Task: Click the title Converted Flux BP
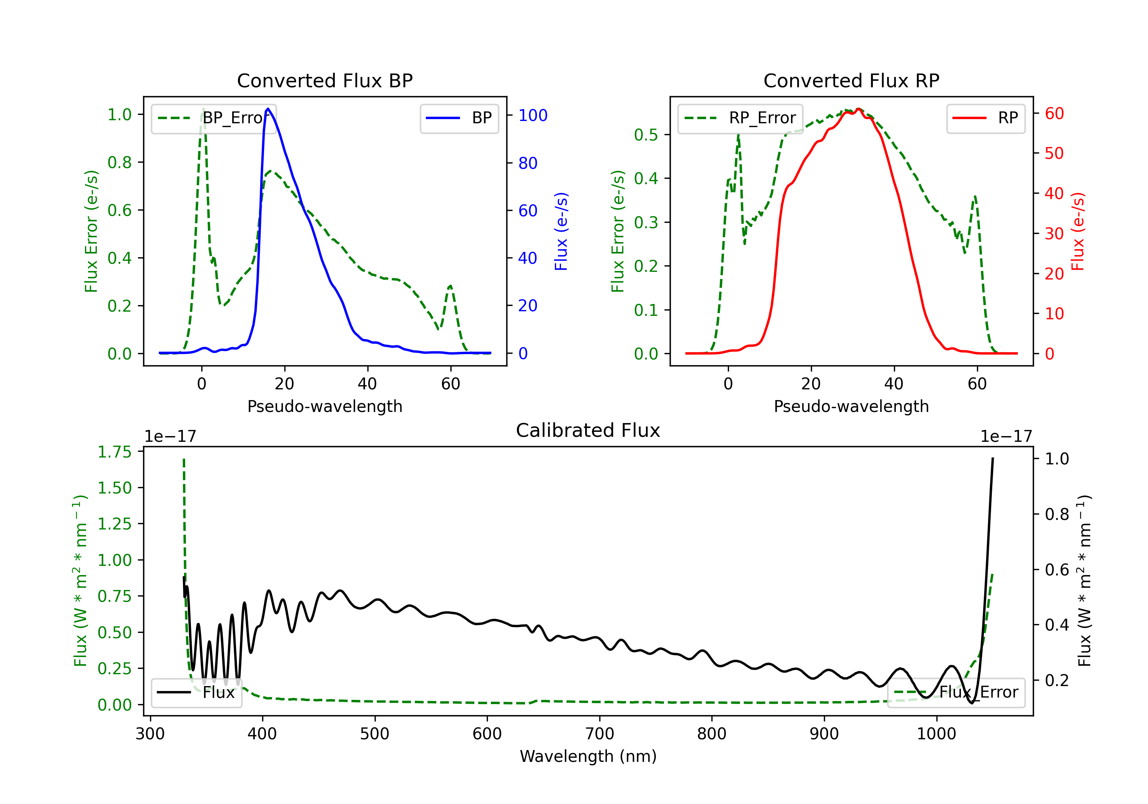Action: click(325, 80)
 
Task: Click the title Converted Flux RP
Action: click(851, 80)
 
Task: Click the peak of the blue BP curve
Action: click(268, 109)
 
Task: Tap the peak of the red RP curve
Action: click(858, 109)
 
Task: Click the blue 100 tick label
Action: click(533, 116)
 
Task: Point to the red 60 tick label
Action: click(1054, 114)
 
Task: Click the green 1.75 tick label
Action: click(114, 452)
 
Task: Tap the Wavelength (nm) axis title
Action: click(588, 756)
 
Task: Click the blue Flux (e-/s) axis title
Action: click(561, 232)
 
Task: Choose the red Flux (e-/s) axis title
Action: click(1078, 232)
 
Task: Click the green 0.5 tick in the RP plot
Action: click(646, 135)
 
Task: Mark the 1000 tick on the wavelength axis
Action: click(936, 734)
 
